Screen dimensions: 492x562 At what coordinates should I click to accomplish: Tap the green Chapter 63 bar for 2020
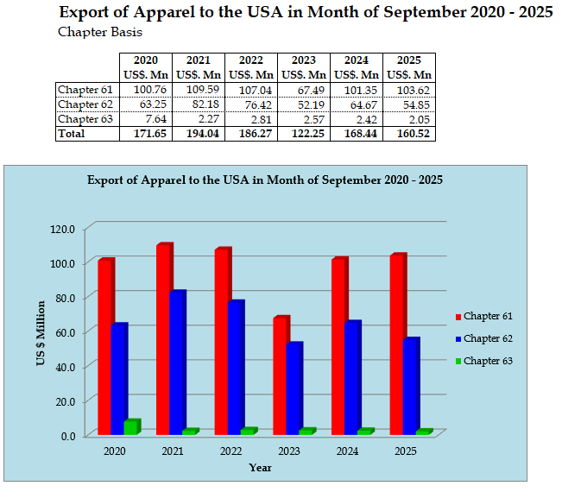130,427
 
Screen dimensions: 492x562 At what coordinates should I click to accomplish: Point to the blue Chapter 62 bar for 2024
351,377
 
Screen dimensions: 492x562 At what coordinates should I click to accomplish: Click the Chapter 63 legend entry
489,361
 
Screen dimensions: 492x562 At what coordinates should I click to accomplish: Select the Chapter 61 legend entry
489,317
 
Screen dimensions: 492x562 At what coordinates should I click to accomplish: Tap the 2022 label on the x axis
230,451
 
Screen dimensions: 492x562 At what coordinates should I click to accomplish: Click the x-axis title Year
261,467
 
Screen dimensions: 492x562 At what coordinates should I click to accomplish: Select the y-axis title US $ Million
40,332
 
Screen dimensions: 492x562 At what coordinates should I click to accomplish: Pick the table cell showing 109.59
199,90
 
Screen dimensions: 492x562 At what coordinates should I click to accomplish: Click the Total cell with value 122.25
304,134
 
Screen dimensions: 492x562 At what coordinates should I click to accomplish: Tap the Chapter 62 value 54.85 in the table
409,104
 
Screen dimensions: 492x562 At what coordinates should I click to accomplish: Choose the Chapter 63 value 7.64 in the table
146,119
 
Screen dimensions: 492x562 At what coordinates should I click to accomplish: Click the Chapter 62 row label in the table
85,104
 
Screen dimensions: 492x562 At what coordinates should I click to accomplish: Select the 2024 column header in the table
357,60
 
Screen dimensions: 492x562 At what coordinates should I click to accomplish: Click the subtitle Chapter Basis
100,33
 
